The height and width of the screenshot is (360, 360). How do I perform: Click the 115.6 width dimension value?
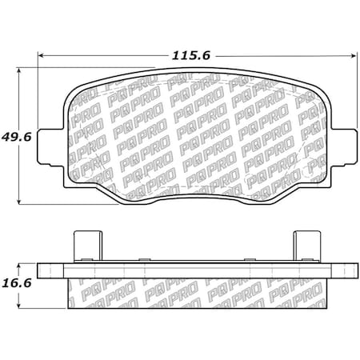coord(191,56)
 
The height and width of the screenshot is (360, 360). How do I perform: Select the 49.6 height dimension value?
coord(17,137)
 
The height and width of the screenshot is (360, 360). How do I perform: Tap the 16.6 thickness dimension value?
coord(17,283)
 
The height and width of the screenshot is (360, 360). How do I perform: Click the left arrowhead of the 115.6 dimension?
coord(41,55)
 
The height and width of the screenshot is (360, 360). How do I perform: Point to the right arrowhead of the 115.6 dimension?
coord(354,55)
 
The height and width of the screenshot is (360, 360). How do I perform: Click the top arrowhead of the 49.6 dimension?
coord(18,70)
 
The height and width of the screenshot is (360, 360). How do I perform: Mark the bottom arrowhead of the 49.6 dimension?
coord(18,202)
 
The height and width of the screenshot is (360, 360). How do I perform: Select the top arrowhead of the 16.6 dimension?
coord(18,266)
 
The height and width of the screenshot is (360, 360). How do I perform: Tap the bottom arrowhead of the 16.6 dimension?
coord(18,306)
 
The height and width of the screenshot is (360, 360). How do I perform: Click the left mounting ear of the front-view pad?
coord(50,147)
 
